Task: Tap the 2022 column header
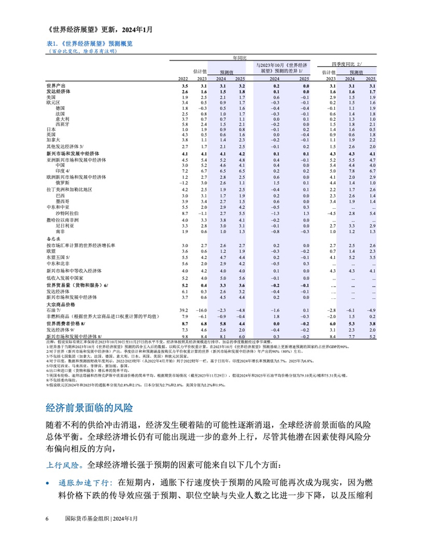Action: pyautogui.click(x=183, y=79)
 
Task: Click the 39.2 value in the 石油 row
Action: pyautogui.click(x=184, y=310)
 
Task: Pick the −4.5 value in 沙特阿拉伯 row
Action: pyautogui.click(x=331, y=213)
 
